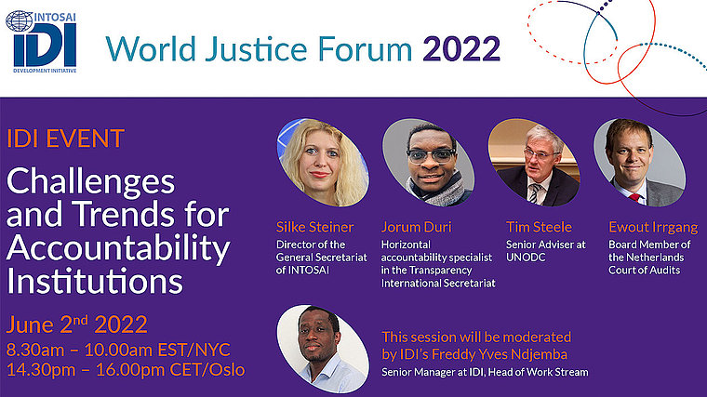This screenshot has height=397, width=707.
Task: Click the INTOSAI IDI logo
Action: coord(42,42)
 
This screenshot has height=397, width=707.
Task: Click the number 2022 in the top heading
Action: coord(461,48)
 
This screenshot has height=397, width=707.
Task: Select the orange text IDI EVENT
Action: coord(65,139)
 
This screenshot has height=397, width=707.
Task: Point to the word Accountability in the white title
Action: coord(118,248)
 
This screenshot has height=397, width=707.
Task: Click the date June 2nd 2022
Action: coord(77,324)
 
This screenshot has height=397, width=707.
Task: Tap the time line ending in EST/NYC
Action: coord(118,351)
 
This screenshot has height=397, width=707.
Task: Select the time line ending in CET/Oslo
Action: coord(126,370)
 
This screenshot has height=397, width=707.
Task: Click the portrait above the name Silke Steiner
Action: coord(323,163)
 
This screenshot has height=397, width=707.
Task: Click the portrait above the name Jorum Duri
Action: coord(428,163)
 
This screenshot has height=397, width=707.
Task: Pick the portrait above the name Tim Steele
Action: coord(534,163)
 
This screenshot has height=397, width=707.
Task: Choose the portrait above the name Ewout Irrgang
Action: coord(639,163)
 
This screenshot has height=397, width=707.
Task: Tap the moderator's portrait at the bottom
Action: coord(323,350)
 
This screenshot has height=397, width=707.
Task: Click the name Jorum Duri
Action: coord(416,227)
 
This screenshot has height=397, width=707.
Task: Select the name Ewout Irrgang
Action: coord(653,228)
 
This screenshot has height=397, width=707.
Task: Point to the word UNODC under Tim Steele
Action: coord(526,258)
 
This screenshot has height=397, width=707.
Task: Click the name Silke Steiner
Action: coord(314,227)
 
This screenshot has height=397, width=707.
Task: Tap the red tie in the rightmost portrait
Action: coord(634,197)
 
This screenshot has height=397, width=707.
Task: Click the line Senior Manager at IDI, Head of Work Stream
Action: coord(485,372)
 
